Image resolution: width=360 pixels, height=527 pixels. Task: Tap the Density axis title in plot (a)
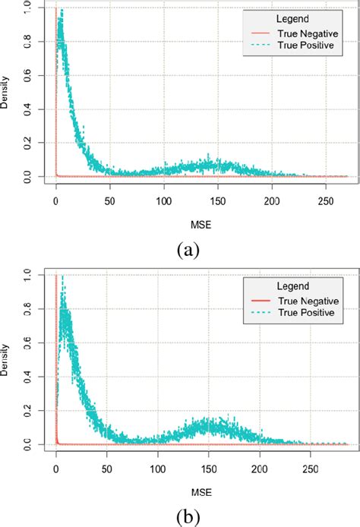(7, 93)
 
